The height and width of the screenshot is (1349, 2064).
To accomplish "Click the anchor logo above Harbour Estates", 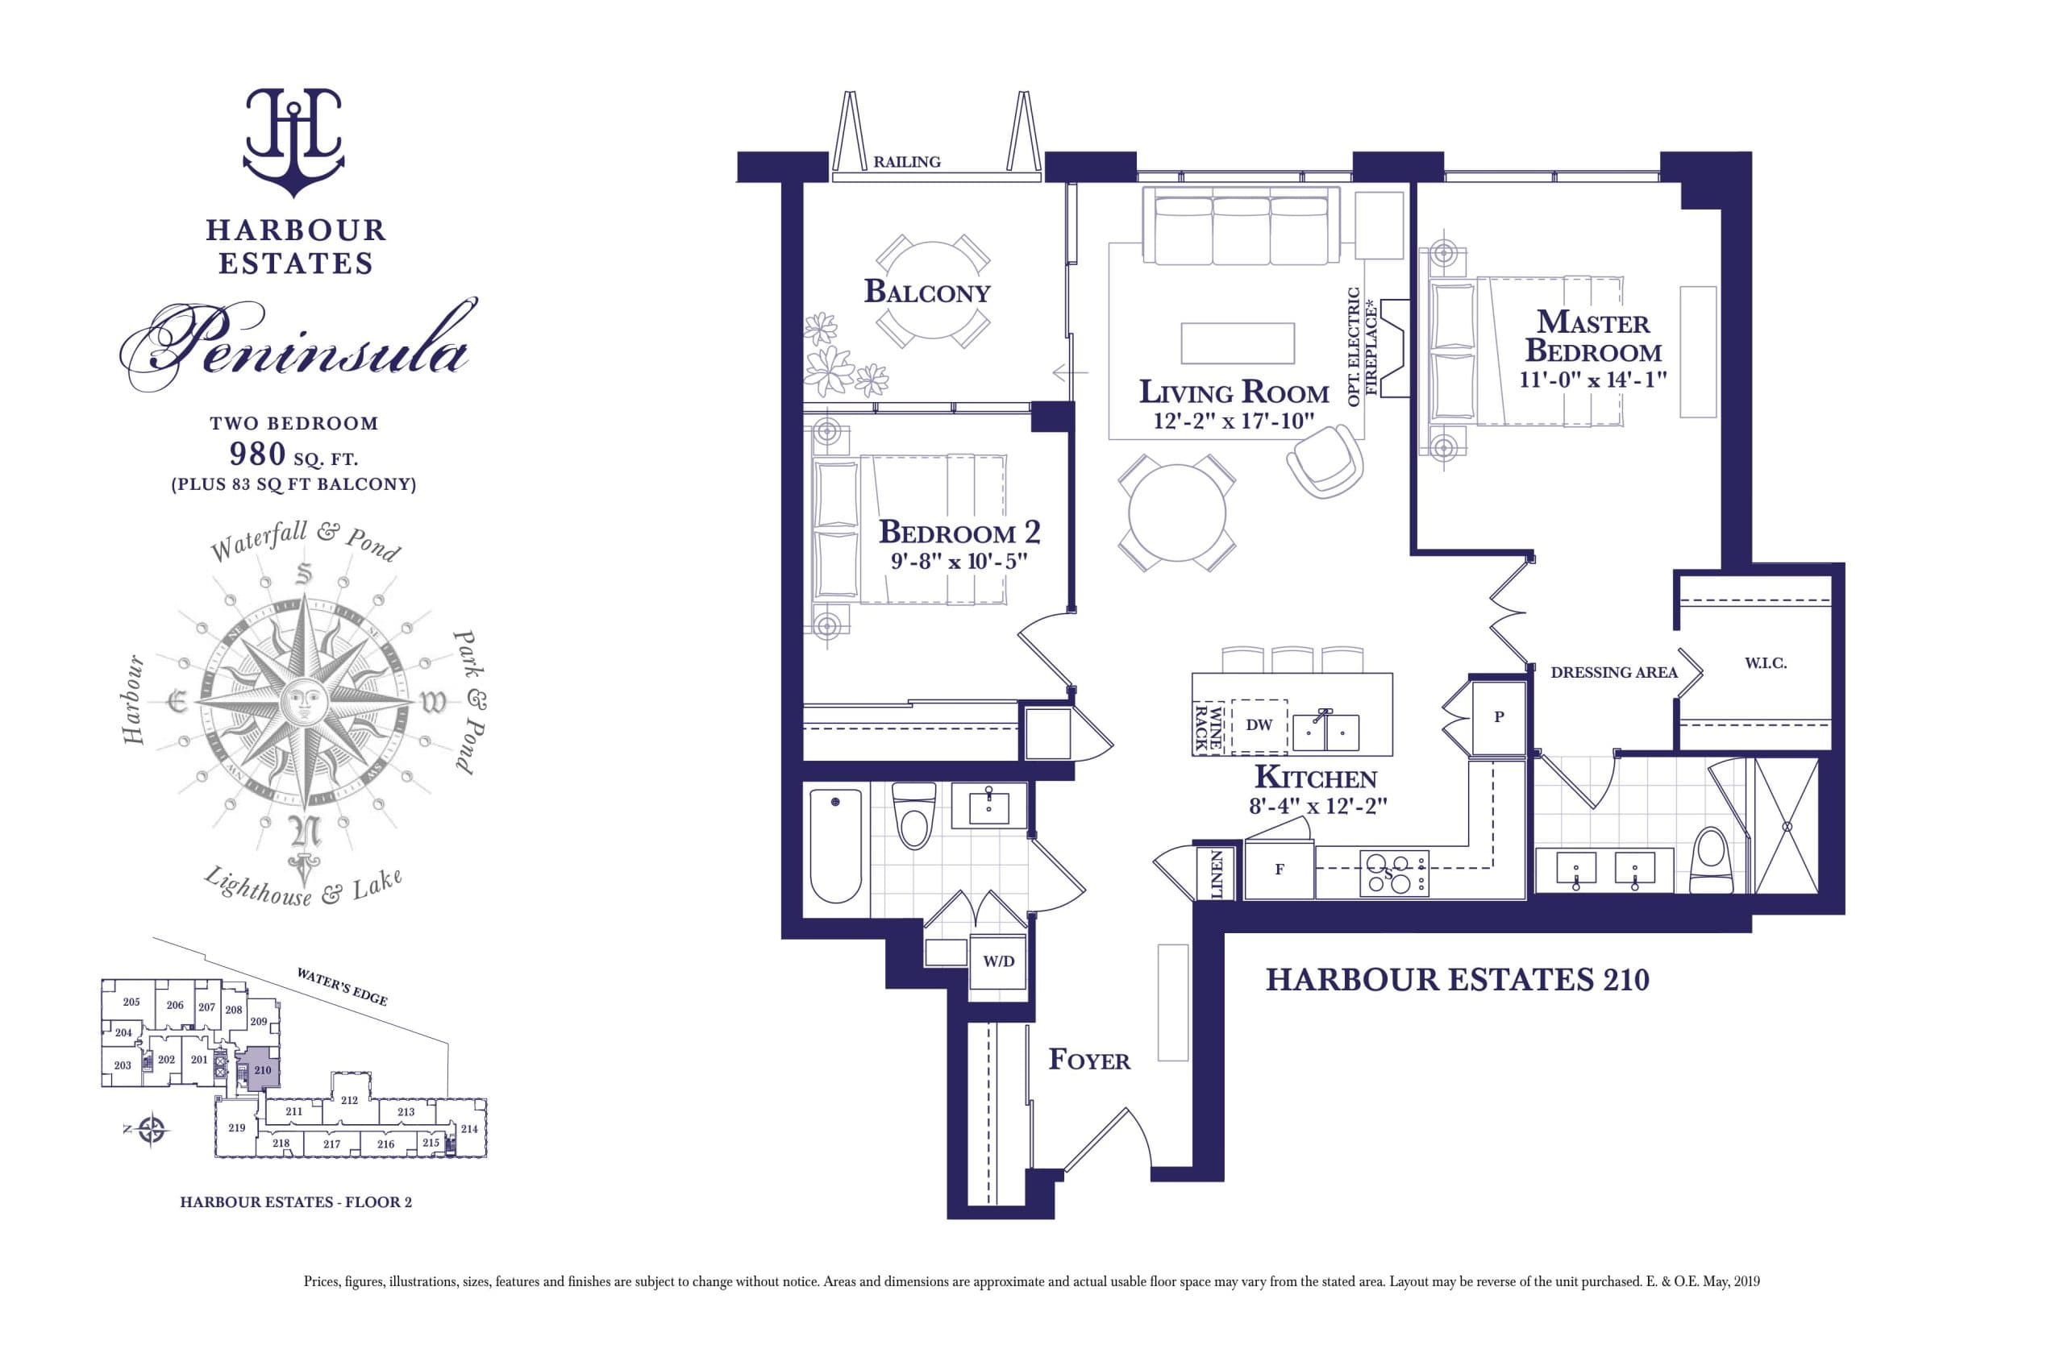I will click(x=294, y=143).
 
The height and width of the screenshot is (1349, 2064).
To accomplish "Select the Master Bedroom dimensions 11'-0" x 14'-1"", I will click(x=1593, y=380).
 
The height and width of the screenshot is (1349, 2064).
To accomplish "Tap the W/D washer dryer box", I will click(x=998, y=961).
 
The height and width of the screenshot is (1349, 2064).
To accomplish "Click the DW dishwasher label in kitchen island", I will click(x=1259, y=724).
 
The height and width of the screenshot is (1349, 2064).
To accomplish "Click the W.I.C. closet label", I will click(x=1766, y=663).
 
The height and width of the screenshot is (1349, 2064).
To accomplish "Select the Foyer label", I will click(x=1089, y=1060).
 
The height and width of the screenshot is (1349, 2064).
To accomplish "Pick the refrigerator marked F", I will click(x=1280, y=870).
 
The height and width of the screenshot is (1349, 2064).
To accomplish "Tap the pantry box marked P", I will click(x=1499, y=717).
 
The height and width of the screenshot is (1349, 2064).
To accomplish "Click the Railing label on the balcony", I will click(x=906, y=162).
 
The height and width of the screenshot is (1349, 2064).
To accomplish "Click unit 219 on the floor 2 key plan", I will click(x=236, y=1128).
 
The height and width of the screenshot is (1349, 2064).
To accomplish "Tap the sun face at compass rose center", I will click(x=303, y=699).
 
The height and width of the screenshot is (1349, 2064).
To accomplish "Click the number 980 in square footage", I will click(x=257, y=454).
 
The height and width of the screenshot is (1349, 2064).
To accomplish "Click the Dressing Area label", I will click(x=1613, y=672).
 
